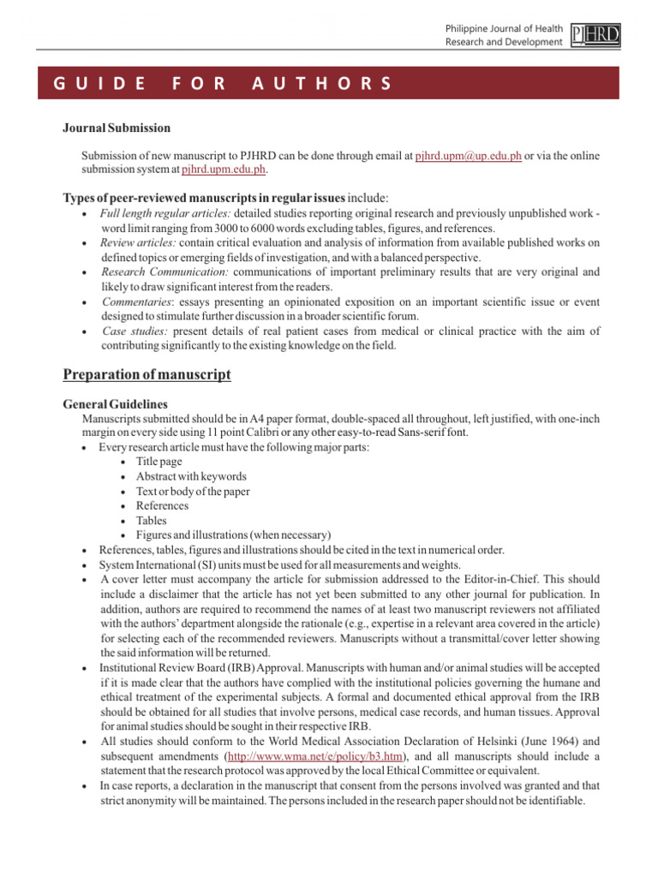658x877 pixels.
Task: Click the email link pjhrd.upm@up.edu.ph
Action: click(x=469, y=155)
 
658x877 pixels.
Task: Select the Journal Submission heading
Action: click(x=117, y=128)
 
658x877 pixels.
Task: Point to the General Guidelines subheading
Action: click(x=116, y=403)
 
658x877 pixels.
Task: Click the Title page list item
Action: click(x=159, y=462)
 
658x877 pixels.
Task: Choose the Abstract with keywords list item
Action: click(x=190, y=476)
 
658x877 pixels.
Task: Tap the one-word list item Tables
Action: click(x=152, y=520)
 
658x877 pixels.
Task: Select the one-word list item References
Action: click(x=162, y=505)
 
